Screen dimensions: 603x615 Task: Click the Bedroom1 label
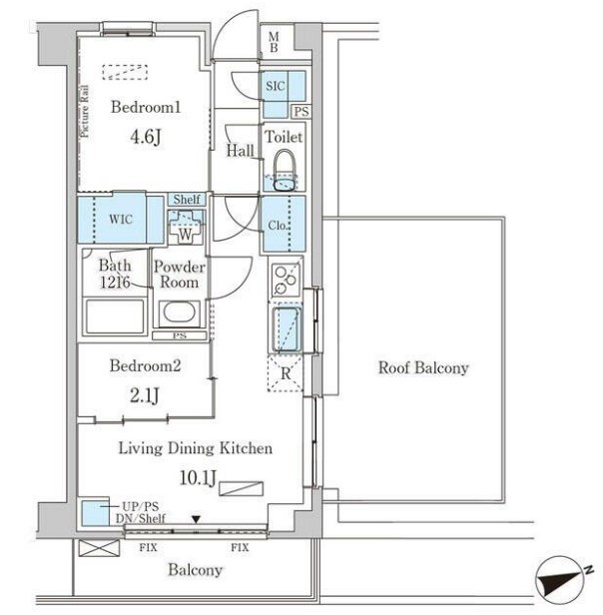tap(146, 107)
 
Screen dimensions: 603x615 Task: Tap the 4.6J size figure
tap(146, 137)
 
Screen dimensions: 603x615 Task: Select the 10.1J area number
tap(198, 477)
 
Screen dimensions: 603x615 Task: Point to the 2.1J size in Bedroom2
tap(145, 395)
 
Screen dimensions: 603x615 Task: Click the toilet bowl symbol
tap(285, 170)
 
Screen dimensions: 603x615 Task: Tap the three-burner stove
tap(286, 280)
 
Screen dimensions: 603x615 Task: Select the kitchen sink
tap(287, 329)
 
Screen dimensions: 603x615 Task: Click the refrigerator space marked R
tap(286, 373)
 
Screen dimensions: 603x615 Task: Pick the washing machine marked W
tap(185, 227)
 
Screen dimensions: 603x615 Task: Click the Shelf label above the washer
tap(187, 200)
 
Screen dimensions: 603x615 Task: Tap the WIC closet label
tap(121, 219)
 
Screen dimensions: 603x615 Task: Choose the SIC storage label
tap(275, 86)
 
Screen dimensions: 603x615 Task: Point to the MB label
tap(274, 42)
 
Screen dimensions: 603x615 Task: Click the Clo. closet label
tap(279, 225)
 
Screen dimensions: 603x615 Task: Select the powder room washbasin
tap(180, 312)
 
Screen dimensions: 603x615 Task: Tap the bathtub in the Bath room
tap(115, 316)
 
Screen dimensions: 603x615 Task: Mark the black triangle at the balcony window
tap(196, 519)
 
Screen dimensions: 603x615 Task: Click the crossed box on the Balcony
tap(99, 548)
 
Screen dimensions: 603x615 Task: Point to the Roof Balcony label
tap(423, 367)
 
